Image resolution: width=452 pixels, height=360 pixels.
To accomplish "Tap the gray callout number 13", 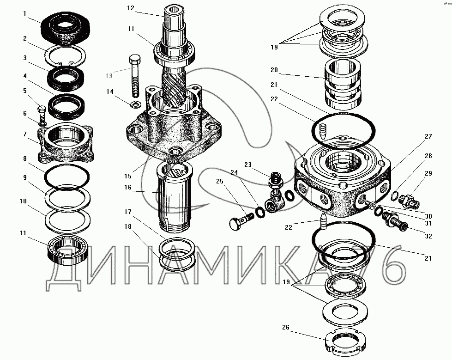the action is (x=109, y=76).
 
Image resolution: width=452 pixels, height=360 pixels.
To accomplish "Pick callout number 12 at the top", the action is (x=131, y=8).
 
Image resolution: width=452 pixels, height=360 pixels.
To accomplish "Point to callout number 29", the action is (x=428, y=173).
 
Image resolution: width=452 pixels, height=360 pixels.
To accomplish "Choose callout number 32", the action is (x=428, y=236).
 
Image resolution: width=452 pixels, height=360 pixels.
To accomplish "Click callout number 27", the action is (x=428, y=136).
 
